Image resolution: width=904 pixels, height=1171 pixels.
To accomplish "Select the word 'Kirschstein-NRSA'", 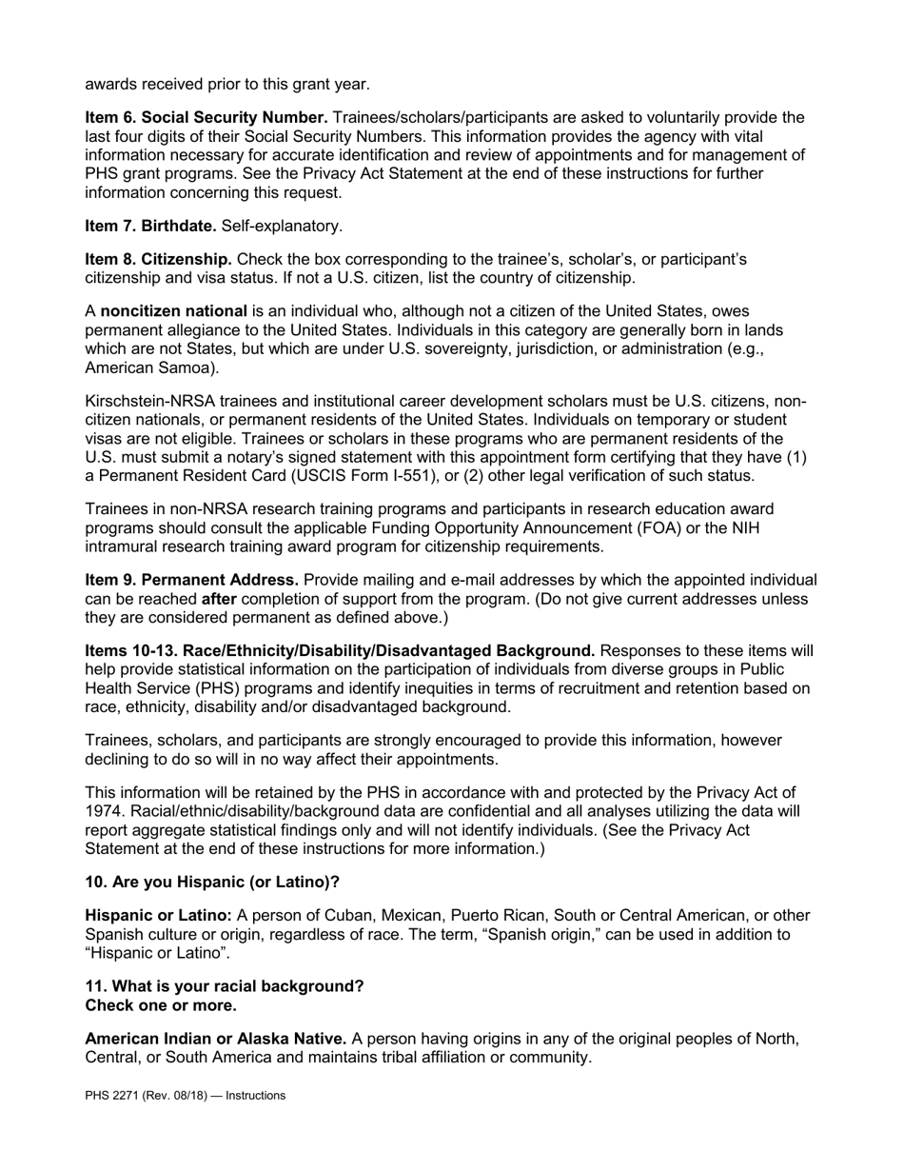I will [x=147, y=402].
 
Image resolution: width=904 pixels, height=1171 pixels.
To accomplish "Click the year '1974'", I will [x=103, y=811].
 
